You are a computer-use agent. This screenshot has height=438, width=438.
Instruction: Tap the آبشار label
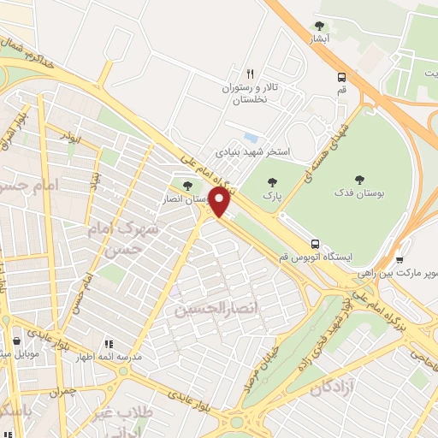click(x=320, y=39)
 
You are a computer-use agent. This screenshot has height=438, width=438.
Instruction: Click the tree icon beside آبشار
click(x=320, y=26)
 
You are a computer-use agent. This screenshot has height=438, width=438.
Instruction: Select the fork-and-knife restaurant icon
click(x=251, y=74)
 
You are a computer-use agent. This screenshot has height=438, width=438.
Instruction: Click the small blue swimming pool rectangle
click(x=250, y=137)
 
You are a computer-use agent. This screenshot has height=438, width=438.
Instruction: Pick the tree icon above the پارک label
click(x=272, y=181)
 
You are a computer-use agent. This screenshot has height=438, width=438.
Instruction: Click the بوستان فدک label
click(x=358, y=193)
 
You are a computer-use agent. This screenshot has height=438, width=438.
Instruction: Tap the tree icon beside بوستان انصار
click(x=188, y=185)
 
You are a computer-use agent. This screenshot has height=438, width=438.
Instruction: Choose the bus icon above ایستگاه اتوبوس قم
click(x=317, y=243)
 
